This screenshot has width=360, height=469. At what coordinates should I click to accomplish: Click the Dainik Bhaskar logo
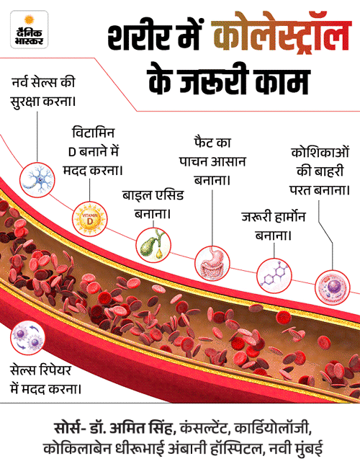pyautogui.click(x=29, y=30)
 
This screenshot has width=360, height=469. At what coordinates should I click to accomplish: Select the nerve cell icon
pyautogui.click(x=37, y=179)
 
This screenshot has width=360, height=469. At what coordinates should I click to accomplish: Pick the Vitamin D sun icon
pyautogui.click(x=90, y=219)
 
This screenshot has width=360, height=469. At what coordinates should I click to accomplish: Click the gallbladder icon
pyautogui.click(x=153, y=245)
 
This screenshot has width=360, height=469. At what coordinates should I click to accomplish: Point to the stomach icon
pyautogui.click(x=212, y=263)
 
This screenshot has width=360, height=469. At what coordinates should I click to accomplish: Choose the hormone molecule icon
pyautogui.click(x=274, y=275)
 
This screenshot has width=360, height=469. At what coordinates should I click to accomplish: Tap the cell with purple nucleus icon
pyautogui.click(x=333, y=287)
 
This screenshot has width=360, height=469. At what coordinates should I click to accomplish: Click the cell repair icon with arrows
pyautogui.click(x=27, y=338)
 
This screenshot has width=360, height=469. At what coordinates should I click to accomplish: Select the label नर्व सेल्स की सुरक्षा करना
pyautogui.click(x=43, y=92)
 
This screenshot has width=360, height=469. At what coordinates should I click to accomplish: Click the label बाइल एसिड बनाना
pyautogui.click(x=153, y=205)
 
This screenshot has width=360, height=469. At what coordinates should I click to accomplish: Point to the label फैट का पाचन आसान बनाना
pyautogui.click(x=212, y=162)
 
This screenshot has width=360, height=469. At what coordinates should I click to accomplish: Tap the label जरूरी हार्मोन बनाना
pyautogui.click(x=274, y=226)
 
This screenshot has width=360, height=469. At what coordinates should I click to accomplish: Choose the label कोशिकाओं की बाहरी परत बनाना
pyautogui.click(x=320, y=171)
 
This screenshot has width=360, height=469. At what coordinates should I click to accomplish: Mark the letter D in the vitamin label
pyautogui.click(x=72, y=152)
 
